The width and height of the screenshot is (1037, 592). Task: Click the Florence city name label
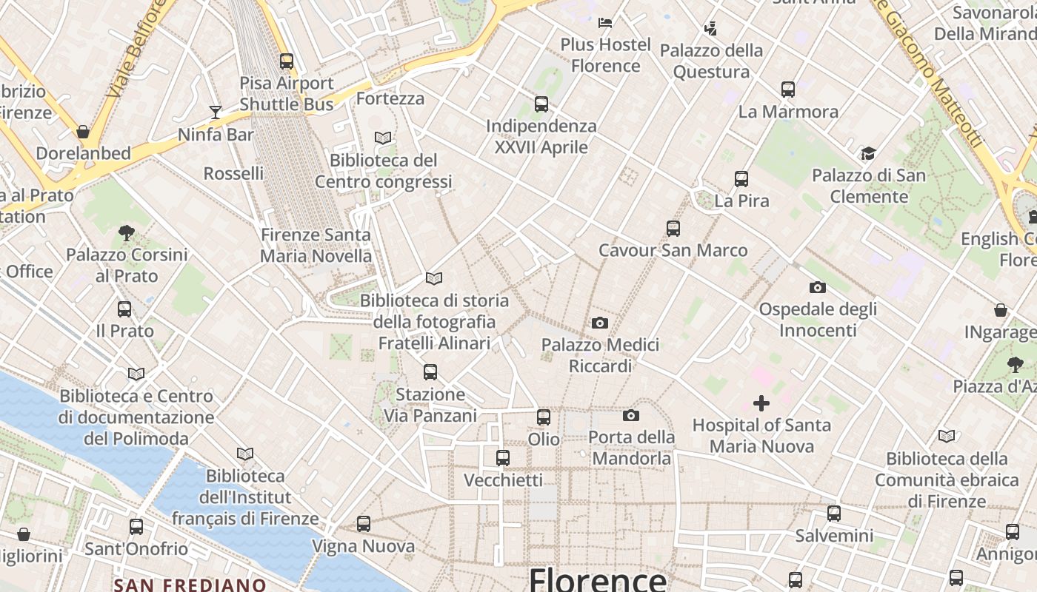coord(597,579)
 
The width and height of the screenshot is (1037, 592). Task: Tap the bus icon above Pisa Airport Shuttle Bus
coord(287,61)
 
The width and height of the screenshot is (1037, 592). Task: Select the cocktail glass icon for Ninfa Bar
coord(216,112)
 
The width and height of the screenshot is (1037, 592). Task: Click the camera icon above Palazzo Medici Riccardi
coord(600,323)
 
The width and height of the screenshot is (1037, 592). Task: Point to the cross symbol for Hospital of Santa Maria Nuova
coord(761,403)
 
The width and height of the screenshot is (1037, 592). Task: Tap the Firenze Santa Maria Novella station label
coord(316,246)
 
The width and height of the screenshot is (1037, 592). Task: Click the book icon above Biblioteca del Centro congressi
coord(383,138)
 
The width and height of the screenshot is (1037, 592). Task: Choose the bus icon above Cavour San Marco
coord(673,229)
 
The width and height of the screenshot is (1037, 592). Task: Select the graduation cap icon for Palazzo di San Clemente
coord(868,153)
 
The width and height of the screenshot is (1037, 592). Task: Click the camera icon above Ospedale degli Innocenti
coord(818,287)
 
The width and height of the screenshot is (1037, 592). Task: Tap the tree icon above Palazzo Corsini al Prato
coord(127,233)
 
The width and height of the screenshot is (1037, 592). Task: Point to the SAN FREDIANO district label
coord(190,585)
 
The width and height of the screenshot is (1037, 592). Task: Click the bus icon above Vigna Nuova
coord(363,524)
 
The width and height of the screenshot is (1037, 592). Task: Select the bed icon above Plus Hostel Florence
coord(605,22)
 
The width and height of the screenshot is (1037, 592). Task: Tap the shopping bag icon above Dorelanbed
coord(83,132)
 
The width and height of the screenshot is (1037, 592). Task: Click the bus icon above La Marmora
coord(788,90)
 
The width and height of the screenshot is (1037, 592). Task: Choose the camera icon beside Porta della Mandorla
coord(631,415)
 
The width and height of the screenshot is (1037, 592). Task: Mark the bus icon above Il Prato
coord(124,309)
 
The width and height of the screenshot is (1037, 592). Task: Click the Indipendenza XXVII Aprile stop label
coord(541,137)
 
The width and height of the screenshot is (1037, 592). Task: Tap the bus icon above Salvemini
coord(834,513)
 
